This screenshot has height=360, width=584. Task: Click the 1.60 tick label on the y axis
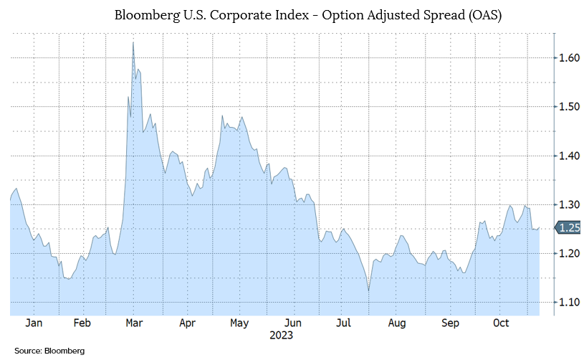[x=568, y=57]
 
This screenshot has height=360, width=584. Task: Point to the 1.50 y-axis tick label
[x=568, y=106]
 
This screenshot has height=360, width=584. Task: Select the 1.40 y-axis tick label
[x=568, y=155]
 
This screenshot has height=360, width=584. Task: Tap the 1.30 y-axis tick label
[x=568, y=204]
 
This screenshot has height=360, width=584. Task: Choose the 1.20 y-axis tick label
[x=568, y=253]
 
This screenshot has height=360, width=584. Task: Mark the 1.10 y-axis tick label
[x=568, y=302]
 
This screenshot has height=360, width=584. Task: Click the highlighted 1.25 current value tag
[x=567, y=229]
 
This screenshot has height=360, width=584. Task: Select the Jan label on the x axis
[x=34, y=323]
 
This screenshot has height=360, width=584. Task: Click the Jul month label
[x=343, y=323]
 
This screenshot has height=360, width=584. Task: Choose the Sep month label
[x=449, y=323]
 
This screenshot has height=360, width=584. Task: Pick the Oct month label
[x=501, y=323]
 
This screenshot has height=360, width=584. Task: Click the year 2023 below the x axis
[x=281, y=335]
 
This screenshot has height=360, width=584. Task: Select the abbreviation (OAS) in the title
[x=480, y=15]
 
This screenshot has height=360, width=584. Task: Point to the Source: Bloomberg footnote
[x=49, y=351]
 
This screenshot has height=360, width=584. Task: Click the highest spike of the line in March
[x=133, y=43]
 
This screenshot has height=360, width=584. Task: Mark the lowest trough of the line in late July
[x=368, y=290]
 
